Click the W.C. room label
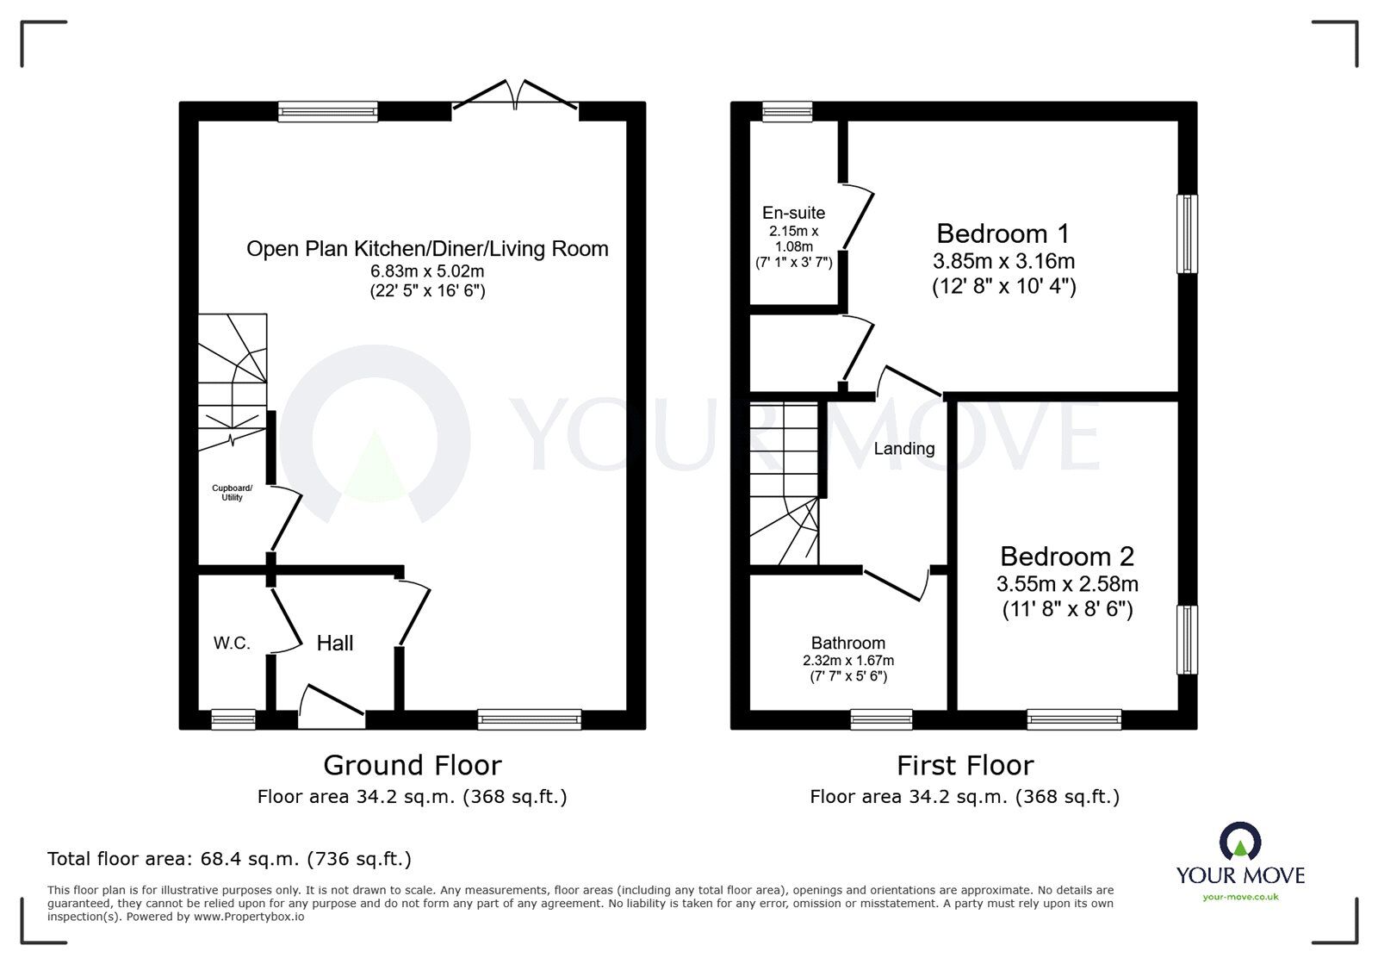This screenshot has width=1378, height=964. (232, 644)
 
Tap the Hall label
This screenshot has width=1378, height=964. (335, 644)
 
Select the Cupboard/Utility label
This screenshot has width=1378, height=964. (232, 493)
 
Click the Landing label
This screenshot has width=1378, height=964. (903, 449)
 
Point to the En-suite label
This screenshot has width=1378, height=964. (793, 213)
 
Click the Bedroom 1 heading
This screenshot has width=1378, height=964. (1002, 233)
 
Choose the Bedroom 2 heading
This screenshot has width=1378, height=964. (1067, 557)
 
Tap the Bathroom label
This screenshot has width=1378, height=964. (847, 644)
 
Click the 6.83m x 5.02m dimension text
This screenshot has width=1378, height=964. (427, 271)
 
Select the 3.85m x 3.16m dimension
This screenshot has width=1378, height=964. (1003, 261)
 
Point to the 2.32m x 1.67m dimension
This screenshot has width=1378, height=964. (847, 661)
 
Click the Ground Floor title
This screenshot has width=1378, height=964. (413, 766)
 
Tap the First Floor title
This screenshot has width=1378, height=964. (965, 766)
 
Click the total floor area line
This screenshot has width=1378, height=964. (229, 859)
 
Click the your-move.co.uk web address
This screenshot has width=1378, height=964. (1240, 897)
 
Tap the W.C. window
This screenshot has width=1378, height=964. (233, 719)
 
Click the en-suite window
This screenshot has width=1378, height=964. (787, 111)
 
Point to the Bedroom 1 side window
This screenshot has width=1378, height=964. (1188, 233)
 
